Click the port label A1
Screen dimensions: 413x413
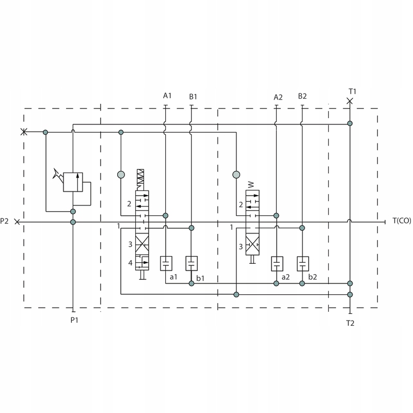167,96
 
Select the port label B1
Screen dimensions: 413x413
193,97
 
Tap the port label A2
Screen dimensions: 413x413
278,97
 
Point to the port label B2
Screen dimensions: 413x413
303,96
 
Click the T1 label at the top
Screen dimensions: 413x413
353,91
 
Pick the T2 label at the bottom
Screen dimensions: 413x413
350,323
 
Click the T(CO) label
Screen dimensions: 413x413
401,221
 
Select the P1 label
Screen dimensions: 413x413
74,320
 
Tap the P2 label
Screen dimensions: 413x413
5,221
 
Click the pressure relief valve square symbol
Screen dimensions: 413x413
73,182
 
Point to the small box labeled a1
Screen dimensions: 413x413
166,263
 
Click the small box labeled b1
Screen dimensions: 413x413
192,263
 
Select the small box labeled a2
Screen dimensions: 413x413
277,263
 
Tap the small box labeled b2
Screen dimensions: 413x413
303,263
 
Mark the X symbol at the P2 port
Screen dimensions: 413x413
18,222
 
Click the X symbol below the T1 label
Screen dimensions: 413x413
350,101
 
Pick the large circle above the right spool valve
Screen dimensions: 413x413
236,174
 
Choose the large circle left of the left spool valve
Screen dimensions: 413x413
121,174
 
